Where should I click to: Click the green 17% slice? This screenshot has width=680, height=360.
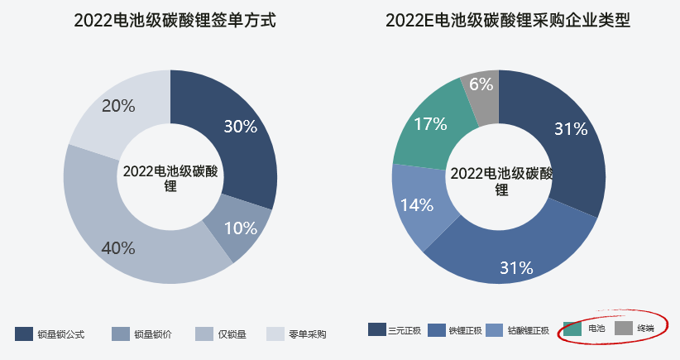pos(430,124)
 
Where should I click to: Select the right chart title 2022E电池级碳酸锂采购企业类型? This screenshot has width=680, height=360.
pos(508,21)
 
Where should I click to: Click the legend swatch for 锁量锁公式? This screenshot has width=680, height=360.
pos(24,334)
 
